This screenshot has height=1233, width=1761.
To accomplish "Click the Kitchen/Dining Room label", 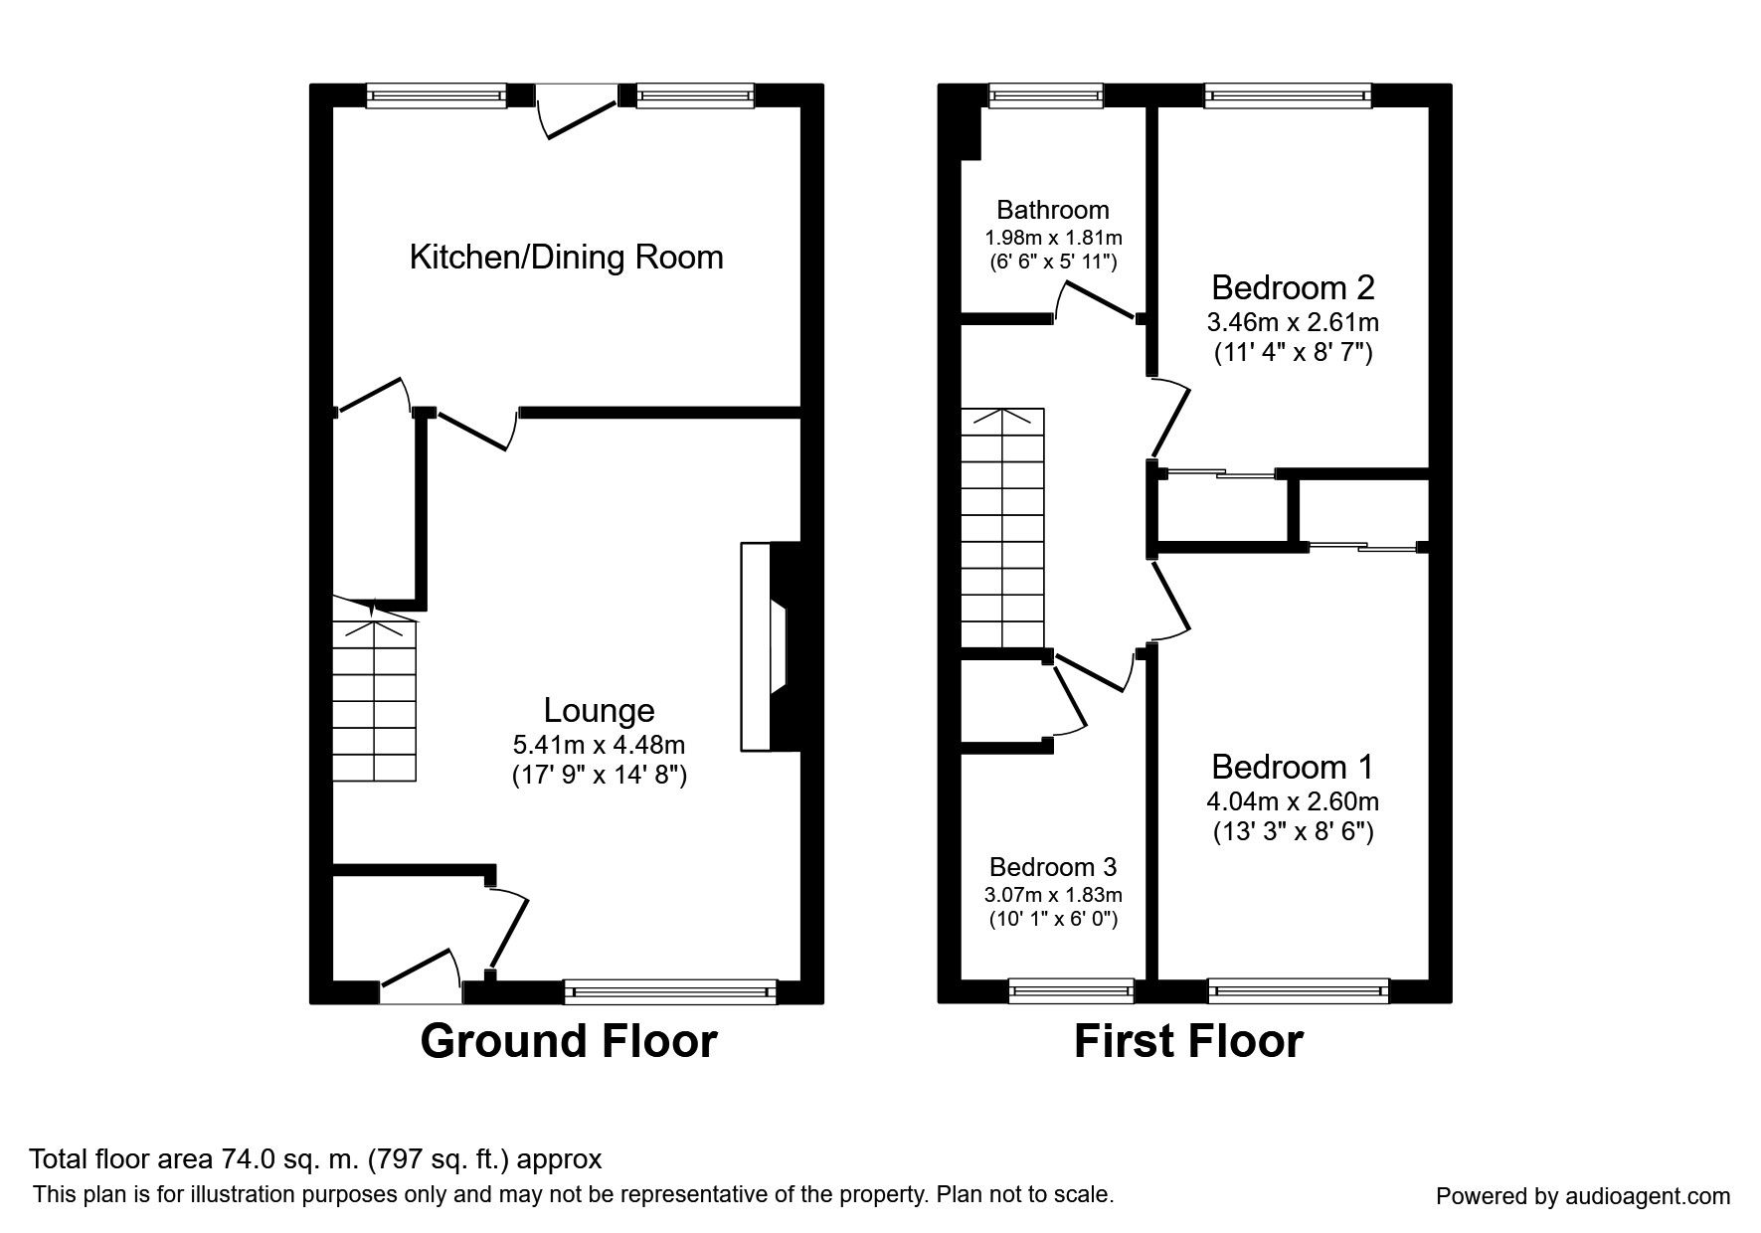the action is click(566, 258).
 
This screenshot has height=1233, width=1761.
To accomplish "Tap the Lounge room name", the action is click(599, 710).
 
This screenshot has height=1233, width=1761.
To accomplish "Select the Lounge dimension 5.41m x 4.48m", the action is click(599, 744).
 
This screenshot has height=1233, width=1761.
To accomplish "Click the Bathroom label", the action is click(1053, 210).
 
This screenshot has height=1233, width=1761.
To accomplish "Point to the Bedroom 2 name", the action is click(1293, 287).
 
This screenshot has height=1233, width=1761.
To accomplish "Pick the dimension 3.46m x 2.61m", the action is click(1293, 322).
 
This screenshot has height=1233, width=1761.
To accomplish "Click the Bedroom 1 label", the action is click(1293, 767).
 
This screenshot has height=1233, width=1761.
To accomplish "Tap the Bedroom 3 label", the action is click(1053, 866).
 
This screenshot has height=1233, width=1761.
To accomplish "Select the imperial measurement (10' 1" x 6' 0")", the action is click(1053, 919).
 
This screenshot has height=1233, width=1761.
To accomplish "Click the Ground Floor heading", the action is click(569, 1041).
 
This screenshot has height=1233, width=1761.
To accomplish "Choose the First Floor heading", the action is click(1188, 1041).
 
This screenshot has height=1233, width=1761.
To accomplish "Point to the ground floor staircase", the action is click(375, 689).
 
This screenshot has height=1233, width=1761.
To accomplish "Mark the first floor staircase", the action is click(1002, 527).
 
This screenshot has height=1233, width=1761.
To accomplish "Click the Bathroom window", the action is click(1045, 95).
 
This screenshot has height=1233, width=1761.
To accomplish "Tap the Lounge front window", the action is click(669, 991).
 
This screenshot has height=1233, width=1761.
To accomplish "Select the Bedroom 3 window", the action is click(1071, 990).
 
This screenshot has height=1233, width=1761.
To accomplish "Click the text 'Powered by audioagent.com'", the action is click(1583, 1196).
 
